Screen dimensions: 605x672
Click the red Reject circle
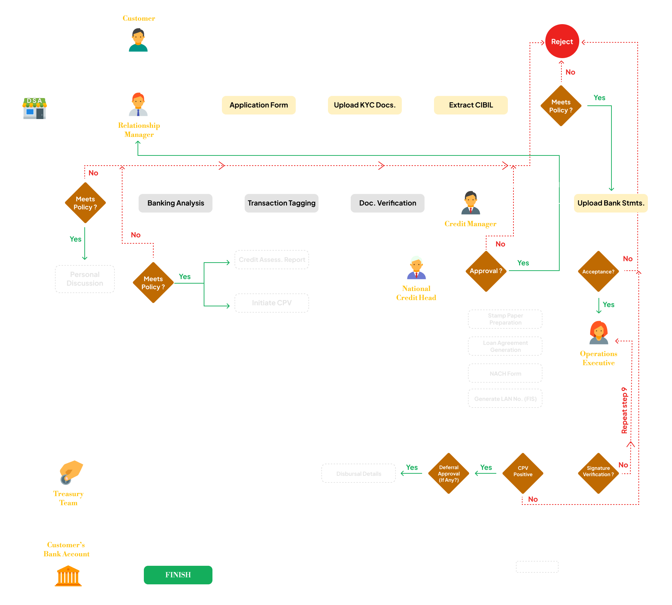[562, 41]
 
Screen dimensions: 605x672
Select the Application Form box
[259, 105]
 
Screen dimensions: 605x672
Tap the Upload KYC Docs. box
[364, 105]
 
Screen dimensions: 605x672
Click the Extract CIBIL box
[470, 105]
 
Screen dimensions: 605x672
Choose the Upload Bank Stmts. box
[610, 203]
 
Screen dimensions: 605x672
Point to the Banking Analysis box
[175, 203]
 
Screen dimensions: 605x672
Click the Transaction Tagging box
[281, 203]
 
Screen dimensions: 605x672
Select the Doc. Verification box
[387, 203]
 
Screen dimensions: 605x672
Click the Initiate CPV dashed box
[272, 303]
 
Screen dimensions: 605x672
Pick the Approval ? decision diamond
[486, 271]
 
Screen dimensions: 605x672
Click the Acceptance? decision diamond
[598, 271]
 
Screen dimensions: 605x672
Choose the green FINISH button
[178, 575]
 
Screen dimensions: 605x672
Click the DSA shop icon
[35, 109]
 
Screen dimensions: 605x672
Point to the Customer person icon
[138, 40]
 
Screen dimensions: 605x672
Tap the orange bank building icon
[68, 576]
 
